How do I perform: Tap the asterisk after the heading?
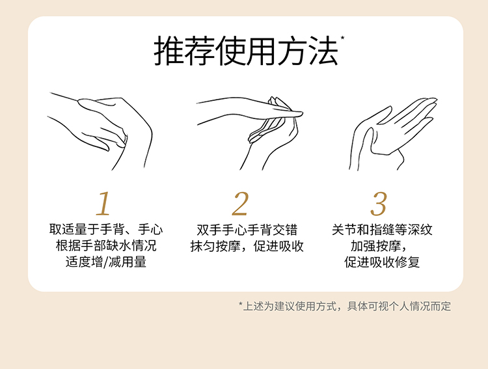coord(342,40)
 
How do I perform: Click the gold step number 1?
coord(103,204)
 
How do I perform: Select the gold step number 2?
coord(240,204)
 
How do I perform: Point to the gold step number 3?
coord(378,204)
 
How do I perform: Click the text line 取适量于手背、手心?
coord(106,230)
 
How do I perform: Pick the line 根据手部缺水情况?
coord(106,247)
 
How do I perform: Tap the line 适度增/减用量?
coord(106,264)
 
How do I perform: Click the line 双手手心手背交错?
coord(247,230)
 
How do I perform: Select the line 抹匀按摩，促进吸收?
coord(247,247)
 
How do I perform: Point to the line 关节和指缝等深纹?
coord(382,230)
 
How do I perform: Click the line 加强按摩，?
coord(382,247)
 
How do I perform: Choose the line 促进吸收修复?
coord(382,264)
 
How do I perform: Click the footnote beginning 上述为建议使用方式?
coord(345,306)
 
